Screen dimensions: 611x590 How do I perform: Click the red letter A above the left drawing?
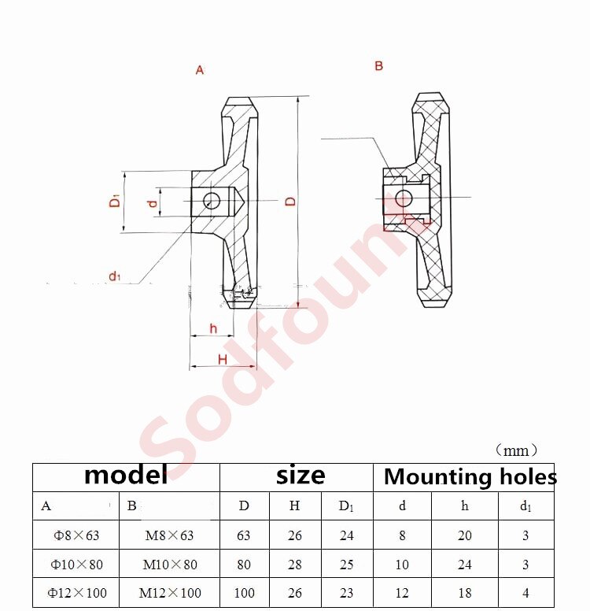click(x=200, y=70)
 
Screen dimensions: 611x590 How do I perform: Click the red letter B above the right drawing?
click(x=378, y=66)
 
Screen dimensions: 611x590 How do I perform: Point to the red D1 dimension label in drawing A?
click(x=115, y=201)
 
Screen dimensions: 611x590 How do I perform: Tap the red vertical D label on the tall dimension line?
click(x=290, y=202)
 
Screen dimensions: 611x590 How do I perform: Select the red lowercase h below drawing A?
click(x=213, y=328)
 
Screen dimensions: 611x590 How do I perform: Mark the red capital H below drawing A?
click(x=223, y=359)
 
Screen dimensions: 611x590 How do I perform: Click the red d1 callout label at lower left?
click(x=115, y=276)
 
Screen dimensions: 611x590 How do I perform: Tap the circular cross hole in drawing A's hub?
click(x=211, y=201)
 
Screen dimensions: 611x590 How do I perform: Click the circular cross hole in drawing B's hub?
click(x=404, y=198)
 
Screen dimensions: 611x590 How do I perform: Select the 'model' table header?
click(x=126, y=476)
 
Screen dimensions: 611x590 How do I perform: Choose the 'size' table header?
click(x=301, y=476)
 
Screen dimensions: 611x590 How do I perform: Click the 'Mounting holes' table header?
click(x=470, y=476)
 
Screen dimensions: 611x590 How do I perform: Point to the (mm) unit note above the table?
click(x=517, y=450)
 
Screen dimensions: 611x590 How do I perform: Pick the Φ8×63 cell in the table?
click(x=76, y=535)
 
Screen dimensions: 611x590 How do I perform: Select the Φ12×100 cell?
click(x=78, y=593)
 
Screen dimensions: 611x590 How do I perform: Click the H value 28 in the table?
click(x=294, y=565)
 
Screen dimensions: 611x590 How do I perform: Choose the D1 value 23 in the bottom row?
click(x=346, y=593)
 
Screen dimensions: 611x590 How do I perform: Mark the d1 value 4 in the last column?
click(x=525, y=593)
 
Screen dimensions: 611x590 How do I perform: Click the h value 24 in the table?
click(x=465, y=565)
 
